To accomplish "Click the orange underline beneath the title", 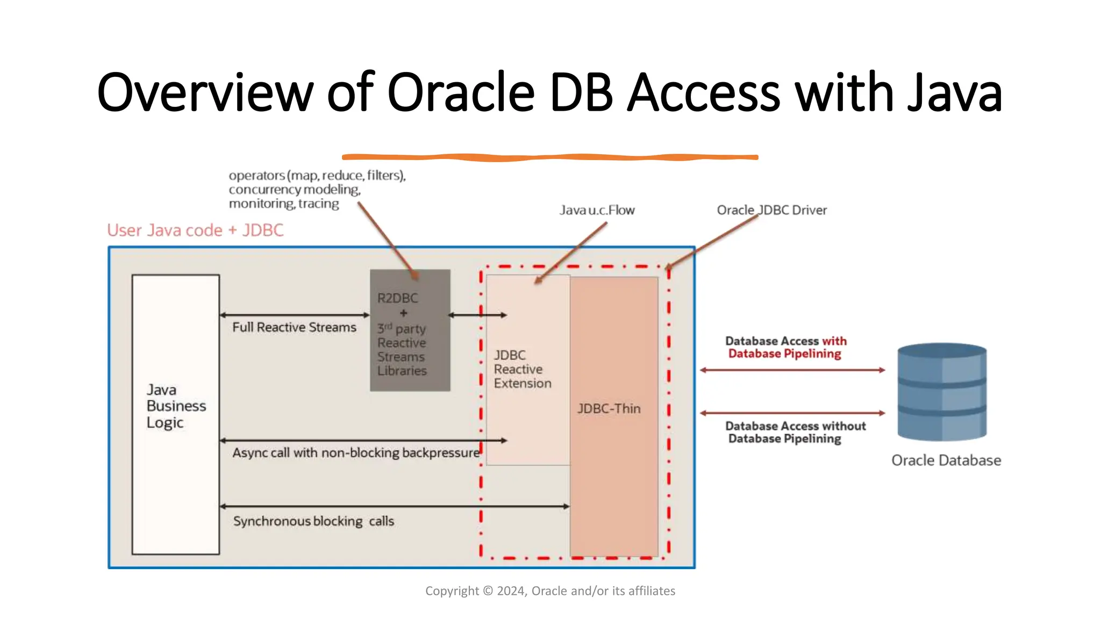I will [549, 157].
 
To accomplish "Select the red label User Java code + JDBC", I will [195, 230].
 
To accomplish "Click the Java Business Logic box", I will [176, 414].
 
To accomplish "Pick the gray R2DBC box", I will [410, 330].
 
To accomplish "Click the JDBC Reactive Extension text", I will [522, 369].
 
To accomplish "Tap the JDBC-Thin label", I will [609, 408].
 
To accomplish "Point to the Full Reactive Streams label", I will [294, 327].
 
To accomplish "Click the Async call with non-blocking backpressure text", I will [355, 452].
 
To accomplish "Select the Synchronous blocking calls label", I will [313, 521].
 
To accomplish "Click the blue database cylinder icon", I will [942, 392].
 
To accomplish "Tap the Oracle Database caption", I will [946, 460].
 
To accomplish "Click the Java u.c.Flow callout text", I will [597, 210].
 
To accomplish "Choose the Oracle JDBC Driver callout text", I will [771, 210].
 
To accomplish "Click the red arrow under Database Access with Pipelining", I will [792, 370].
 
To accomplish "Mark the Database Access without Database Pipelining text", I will [795, 432].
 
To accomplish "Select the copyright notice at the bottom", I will [550, 591].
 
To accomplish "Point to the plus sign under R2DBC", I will [404, 313].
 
